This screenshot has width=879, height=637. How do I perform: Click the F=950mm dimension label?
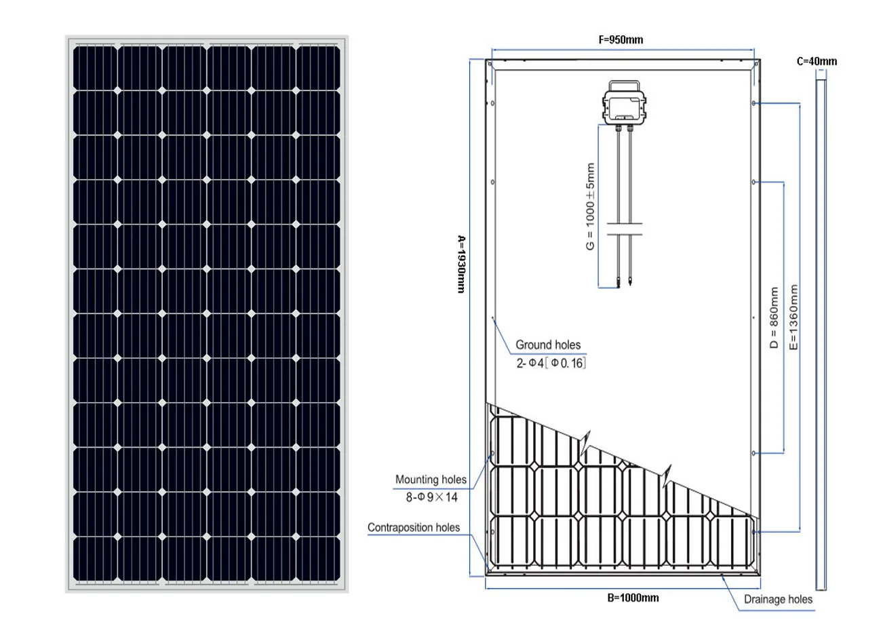click(x=621, y=39)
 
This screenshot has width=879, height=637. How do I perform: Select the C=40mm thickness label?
click(x=817, y=61)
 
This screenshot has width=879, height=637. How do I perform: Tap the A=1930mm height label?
click(x=461, y=264)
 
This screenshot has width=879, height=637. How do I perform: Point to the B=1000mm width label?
click(x=632, y=598)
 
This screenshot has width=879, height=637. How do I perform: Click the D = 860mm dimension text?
click(x=774, y=317)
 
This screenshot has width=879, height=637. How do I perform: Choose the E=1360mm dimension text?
click(x=794, y=317)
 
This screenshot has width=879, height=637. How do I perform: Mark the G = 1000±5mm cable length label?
click(x=590, y=206)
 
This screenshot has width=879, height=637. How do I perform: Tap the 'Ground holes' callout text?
click(x=548, y=345)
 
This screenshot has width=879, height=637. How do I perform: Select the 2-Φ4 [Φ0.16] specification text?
click(x=551, y=363)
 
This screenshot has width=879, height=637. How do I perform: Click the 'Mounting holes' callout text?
click(x=431, y=480)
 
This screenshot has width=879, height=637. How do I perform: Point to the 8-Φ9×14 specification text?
click(x=432, y=497)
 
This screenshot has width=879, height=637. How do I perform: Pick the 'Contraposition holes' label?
click(x=414, y=527)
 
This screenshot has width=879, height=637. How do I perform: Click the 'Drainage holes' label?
click(x=777, y=599)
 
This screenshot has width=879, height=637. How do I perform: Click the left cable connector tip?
click(x=619, y=282)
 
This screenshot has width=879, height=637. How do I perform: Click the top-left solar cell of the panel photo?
click(x=95, y=68)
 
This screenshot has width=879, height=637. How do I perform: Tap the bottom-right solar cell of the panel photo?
click(x=318, y=558)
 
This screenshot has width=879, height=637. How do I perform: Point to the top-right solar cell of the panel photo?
click(x=318, y=68)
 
